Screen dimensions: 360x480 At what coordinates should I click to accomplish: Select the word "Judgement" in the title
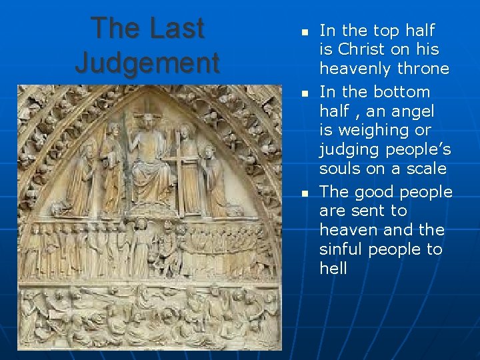pyautogui.click(x=147, y=63)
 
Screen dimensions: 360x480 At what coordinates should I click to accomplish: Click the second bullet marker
pyautogui.click(x=303, y=94)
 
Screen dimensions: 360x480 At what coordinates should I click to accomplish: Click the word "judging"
pyautogui.click(x=351, y=149)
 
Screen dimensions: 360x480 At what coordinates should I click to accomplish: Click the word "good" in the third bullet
pyautogui.click(x=377, y=192)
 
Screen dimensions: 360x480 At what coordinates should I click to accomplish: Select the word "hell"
pyautogui.click(x=333, y=268)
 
